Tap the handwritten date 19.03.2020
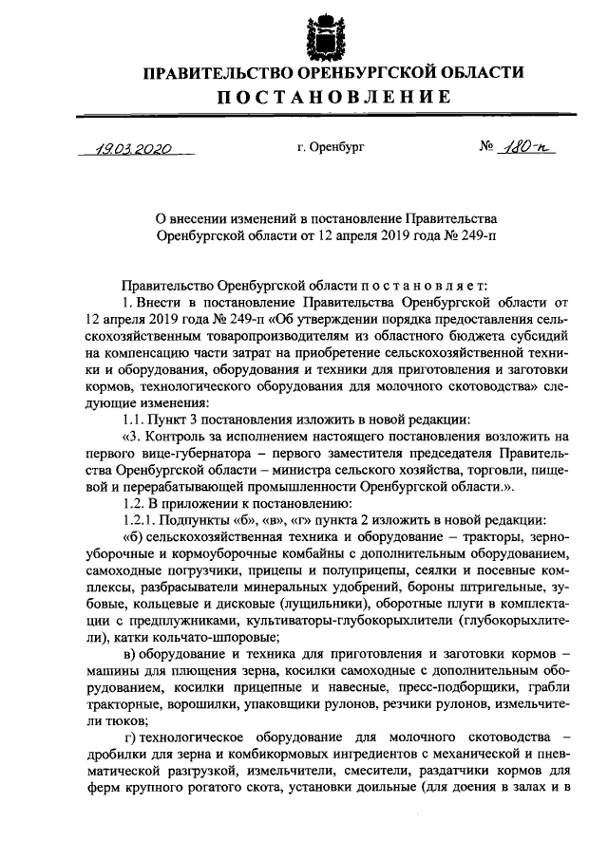(x=133, y=148)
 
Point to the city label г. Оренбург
(x=330, y=149)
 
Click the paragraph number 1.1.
(x=137, y=420)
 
